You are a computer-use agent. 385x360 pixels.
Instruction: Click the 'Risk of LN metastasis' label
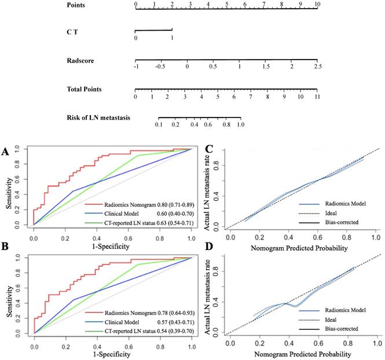[x=98, y=118]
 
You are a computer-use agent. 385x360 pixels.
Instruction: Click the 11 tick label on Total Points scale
[x=317, y=97]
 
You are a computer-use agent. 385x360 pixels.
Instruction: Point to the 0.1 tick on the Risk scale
[x=159, y=124]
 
